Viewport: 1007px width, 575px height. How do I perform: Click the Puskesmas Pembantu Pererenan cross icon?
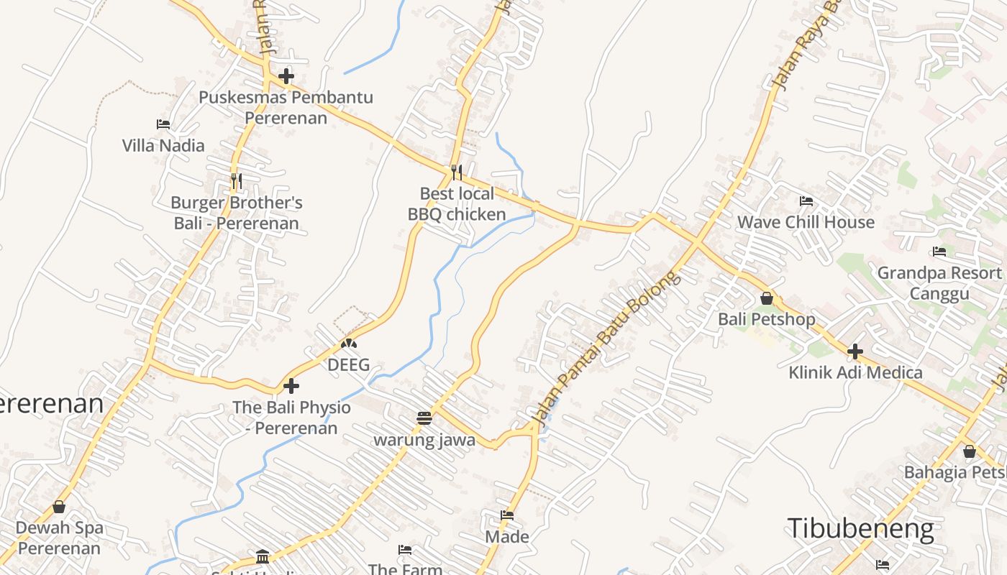coord(286,75)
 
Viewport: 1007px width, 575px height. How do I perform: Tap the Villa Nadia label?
coord(163,145)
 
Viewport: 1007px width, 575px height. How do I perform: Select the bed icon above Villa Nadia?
coord(163,124)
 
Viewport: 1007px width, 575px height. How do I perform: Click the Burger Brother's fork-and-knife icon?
coord(236,180)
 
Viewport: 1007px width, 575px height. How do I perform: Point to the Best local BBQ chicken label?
coord(457,204)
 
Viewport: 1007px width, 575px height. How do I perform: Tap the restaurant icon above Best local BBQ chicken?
coord(457,172)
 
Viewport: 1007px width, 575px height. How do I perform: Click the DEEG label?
coord(348,364)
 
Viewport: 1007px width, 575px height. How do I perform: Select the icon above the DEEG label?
coord(348,344)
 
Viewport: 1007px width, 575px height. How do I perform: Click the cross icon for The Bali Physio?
coord(291,386)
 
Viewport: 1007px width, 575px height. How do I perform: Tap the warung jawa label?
coord(424,439)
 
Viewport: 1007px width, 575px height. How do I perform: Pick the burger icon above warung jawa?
coord(424,418)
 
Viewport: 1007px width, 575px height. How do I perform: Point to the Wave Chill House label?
coord(806,222)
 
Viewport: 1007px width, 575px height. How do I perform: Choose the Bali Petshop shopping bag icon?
coord(767,298)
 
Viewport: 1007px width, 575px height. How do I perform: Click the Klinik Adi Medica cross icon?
coord(855,351)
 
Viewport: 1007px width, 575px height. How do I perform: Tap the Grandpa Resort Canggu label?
coord(939,283)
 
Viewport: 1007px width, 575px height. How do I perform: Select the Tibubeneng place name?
coord(860,528)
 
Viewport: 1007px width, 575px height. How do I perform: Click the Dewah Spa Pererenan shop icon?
coord(59,507)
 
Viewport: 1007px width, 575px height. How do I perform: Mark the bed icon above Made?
coord(507,515)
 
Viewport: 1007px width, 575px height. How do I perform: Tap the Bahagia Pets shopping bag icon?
coord(969,451)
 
